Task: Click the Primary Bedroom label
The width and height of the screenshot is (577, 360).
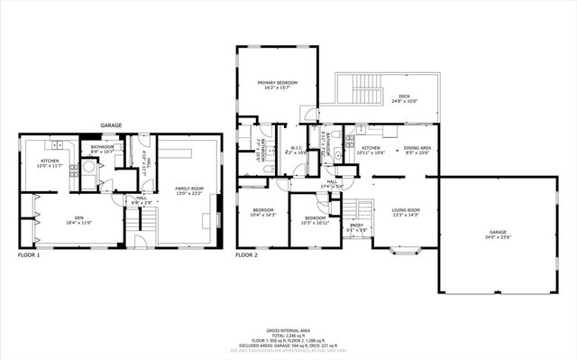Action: pos(277,85)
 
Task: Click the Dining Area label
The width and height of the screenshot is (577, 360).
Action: pos(417,150)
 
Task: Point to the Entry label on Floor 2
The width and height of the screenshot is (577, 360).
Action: pos(358,227)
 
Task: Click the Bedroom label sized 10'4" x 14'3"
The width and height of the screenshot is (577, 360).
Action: pos(262,213)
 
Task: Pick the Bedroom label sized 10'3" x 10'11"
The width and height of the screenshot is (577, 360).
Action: pos(314,219)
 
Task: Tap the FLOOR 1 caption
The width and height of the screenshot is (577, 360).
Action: pos(29,255)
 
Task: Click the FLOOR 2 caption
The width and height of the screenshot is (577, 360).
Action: pos(247,255)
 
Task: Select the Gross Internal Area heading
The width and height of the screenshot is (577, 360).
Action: pos(288,330)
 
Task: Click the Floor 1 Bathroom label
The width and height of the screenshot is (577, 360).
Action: pos(102,149)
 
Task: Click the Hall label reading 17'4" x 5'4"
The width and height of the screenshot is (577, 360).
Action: pos(333,184)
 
